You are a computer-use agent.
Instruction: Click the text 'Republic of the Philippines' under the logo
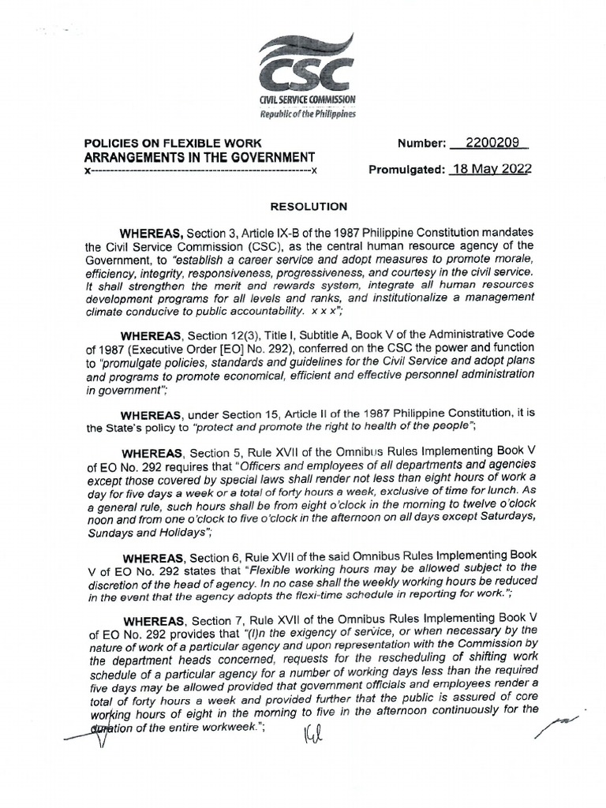(307, 114)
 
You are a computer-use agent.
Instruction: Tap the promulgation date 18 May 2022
(489, 170)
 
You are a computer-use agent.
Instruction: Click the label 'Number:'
(421, 144)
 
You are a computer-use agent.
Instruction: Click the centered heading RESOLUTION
(309, 207)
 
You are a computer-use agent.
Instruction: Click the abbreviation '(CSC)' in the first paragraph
(249, 245)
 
